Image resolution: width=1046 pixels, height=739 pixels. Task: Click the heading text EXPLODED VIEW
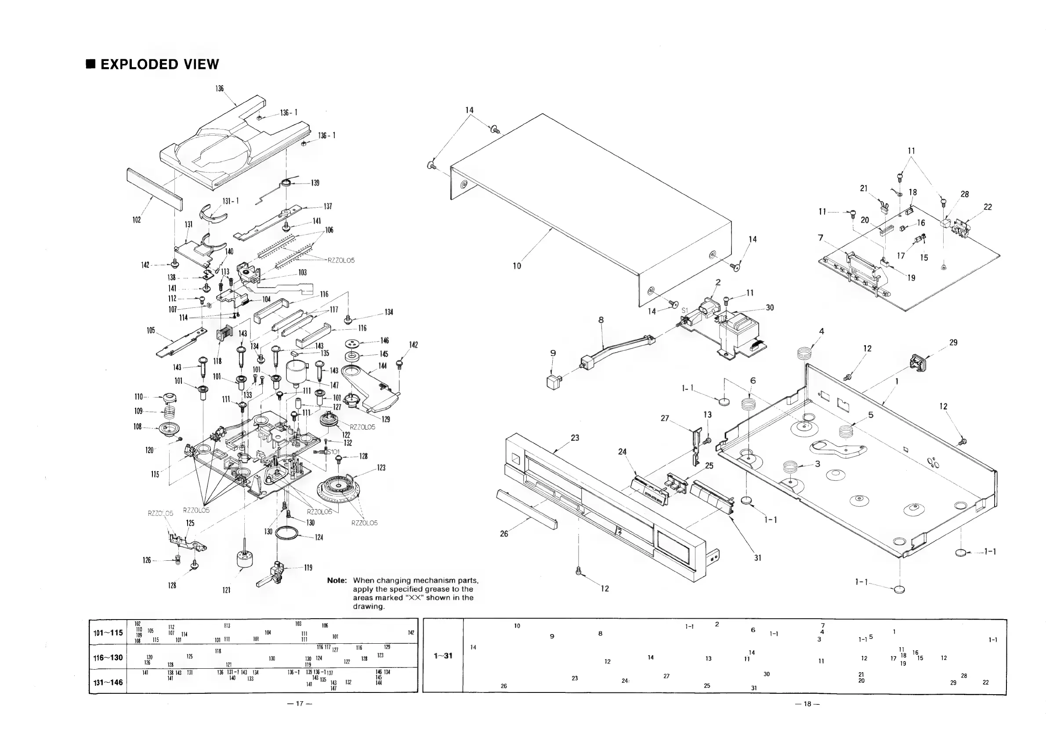tap(159, 64)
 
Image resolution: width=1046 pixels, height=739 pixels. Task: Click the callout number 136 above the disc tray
tap(220, 88)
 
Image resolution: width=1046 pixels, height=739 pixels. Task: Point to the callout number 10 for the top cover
tap(517, 266)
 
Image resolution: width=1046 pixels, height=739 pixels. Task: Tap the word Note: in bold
tap(337, 580)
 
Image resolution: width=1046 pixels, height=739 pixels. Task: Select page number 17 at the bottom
tap(300, 703)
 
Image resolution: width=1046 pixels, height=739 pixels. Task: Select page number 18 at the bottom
tap(807, 704)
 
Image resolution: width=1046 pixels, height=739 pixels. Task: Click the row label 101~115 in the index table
tap(108, 633)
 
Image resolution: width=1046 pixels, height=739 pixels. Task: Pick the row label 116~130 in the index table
tap(108, 657)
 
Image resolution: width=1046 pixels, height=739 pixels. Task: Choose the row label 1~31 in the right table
tap(443, 656)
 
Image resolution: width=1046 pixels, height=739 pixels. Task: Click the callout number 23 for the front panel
tap(575, 438)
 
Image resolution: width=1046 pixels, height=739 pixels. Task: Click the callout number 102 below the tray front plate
tap(137, 220)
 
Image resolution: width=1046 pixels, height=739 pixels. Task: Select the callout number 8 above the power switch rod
tap(601, 320)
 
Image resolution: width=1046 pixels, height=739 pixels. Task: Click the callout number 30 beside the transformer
tap(770, 308)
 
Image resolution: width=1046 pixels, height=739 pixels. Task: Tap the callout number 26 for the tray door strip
tap(504, 534)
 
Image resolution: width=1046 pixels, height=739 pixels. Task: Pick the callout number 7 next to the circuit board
tap(821, 238)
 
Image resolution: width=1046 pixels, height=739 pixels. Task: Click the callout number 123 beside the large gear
tap(381, 468)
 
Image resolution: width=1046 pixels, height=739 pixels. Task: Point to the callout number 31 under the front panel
tap(758, 558)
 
